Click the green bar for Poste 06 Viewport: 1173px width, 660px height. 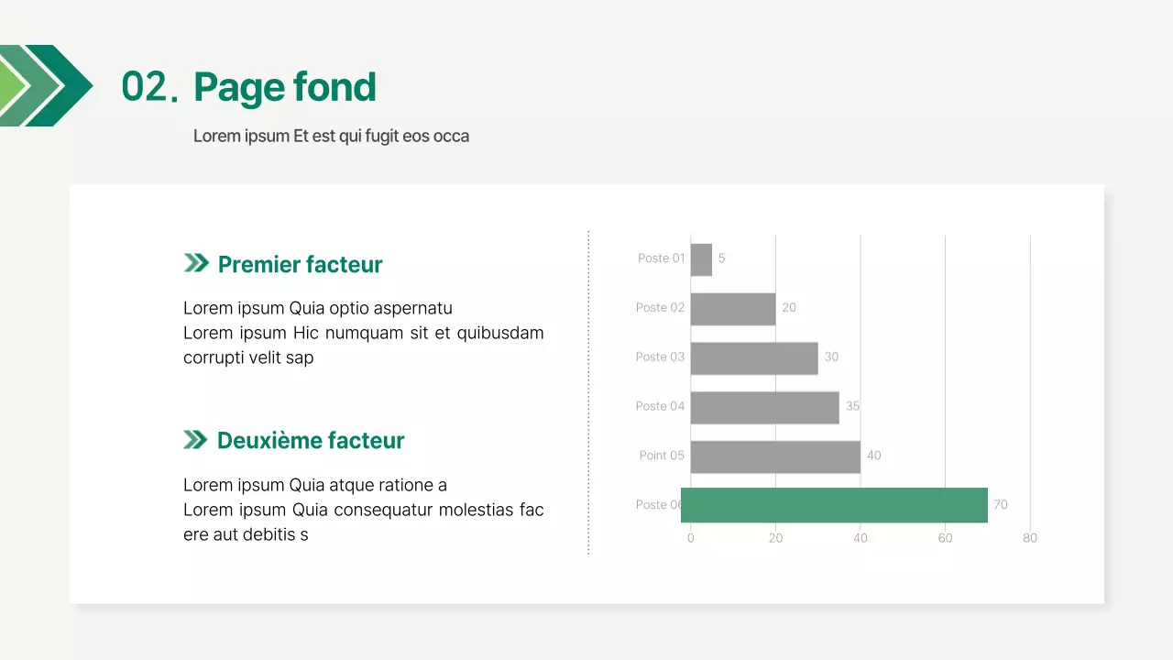[x=834, y=505]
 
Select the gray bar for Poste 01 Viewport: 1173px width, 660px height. [x=701, y=259]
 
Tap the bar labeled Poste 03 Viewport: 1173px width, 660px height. [x=753, y=357]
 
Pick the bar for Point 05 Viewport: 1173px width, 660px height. [x=775, y=456]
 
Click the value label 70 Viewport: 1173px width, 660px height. [x=1000, y=505]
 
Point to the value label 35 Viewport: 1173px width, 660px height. [x=852, y=406]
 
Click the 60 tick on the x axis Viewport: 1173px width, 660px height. [x=945, y=538]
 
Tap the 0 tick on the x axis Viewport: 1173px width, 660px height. [x=690, y=538]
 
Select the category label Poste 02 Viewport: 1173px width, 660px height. [x=660, y=308]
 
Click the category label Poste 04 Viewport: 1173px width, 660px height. [x=660, y=406]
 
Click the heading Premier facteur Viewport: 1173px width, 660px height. [x=300, y=265]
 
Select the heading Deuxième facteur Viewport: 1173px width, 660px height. [x=310, y=441]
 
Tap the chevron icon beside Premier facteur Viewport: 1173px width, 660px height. [x=196, y=264]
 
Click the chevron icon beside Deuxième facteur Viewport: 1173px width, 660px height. [x=195, y=440]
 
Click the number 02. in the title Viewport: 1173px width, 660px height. [x=148, y=87]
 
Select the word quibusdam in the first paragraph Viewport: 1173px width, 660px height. [x=500, y=333]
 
